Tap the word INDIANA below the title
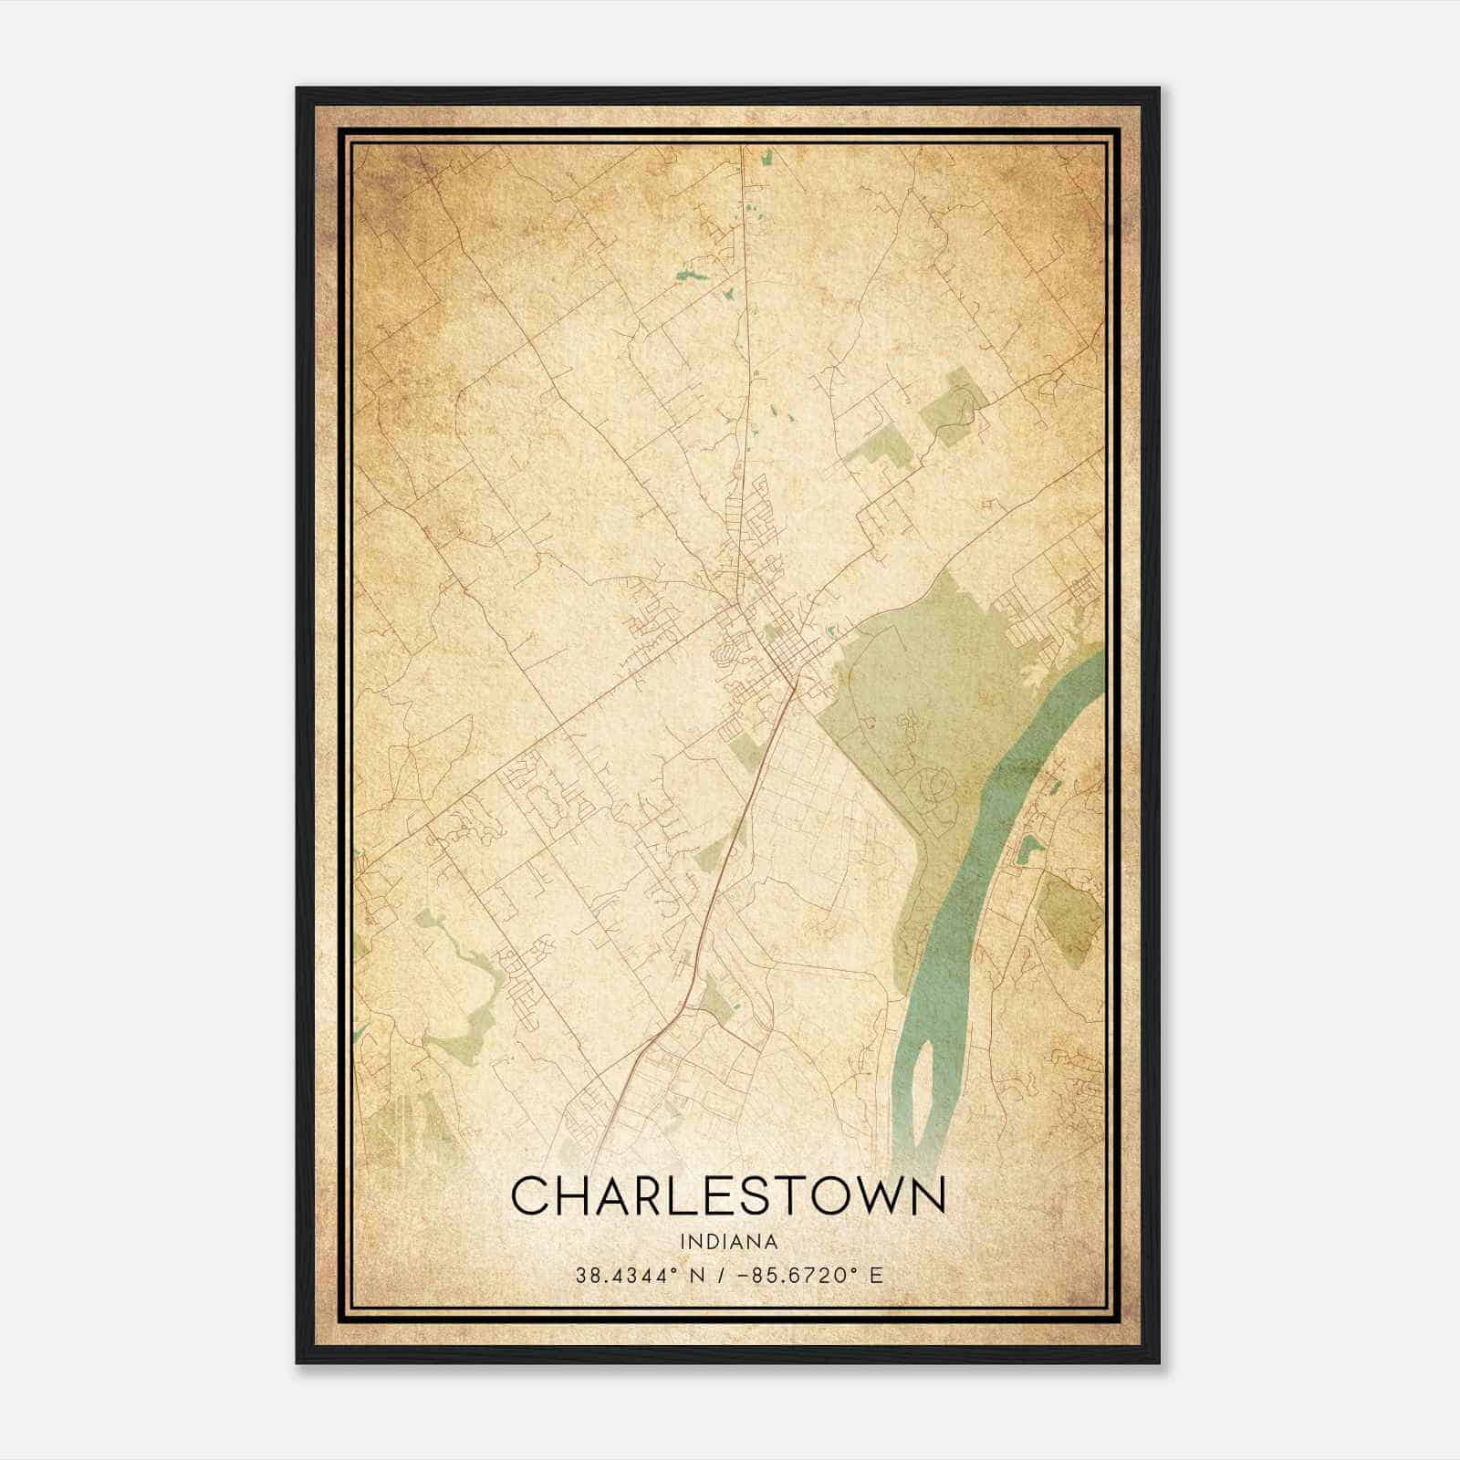[728, 1242]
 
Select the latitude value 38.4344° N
[639, 1275]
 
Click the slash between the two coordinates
[723, 1275]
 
